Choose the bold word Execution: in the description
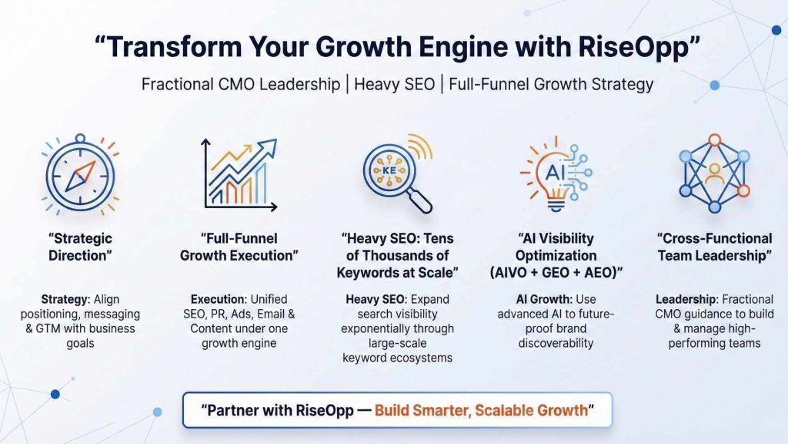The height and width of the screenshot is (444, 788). coord(217,299)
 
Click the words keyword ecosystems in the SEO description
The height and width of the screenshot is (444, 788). coord(397,358)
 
